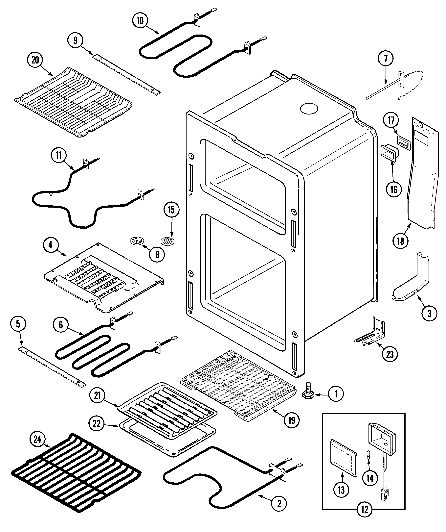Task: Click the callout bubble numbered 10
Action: pyautogui.click(x=140, y=20)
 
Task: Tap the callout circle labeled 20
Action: pyautogui.click(x=35, y=60)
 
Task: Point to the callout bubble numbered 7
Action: pyautogui.click(x=386, y=59)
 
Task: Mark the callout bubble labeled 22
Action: pyautogui.click(x=97, y=424)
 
